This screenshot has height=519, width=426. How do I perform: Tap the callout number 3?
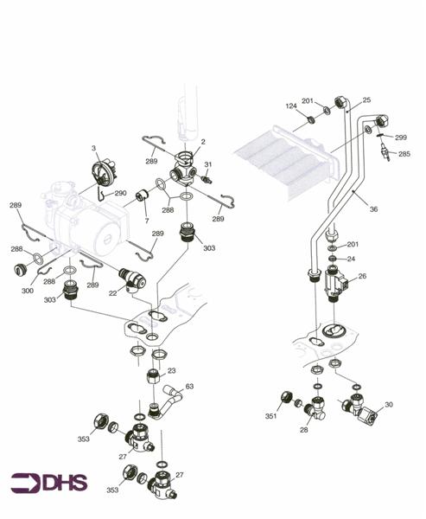click(x=94, y=149)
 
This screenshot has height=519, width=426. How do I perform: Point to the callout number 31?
click(x=207, y=165)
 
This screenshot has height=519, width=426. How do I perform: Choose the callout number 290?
click(x=120, y=193)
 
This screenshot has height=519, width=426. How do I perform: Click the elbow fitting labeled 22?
click(x=135, y=279)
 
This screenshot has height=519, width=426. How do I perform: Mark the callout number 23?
click(x=171, y=371)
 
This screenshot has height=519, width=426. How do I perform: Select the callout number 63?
click(x=189, y=386)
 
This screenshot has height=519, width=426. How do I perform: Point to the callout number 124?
click(x=291, y=106)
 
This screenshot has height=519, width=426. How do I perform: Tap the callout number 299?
click(x=400, y=138)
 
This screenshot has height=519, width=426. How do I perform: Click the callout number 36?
click(x=372, y=208)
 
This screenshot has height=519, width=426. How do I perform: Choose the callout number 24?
click(x=351, y=259)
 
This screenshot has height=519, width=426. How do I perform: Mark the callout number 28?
click(x=303, y=429)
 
